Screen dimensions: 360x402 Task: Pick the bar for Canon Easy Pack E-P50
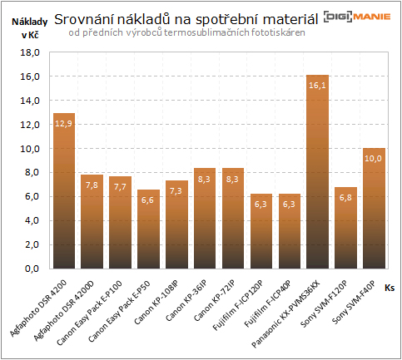click(148, 229)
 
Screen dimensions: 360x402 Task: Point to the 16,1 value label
click(318, 84)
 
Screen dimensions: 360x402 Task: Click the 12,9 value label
click(64, 122)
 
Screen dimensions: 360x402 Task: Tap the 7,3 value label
click(176, 190)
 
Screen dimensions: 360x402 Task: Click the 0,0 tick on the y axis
click(32, 269)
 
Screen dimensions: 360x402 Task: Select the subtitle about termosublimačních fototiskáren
click(186, 32)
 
